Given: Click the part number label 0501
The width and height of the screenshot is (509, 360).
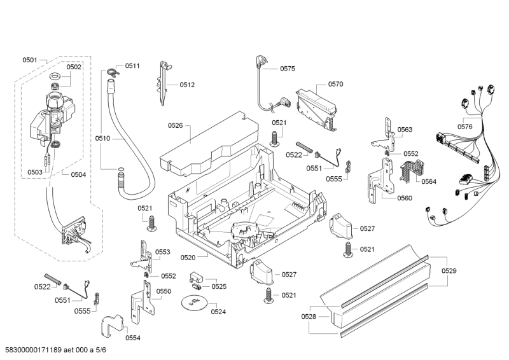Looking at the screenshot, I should click(30, 60).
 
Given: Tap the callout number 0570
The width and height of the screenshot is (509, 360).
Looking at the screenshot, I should click(335, 84).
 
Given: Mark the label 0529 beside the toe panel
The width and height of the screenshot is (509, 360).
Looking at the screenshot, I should click(449, 271).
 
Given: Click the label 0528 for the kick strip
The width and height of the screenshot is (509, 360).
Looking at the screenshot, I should click(309, 315).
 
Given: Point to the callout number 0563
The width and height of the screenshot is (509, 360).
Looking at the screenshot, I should click(405, 130).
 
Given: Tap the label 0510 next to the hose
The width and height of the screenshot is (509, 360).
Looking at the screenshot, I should click(102, 138).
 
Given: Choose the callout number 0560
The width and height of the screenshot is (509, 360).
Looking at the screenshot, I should click(404, 198).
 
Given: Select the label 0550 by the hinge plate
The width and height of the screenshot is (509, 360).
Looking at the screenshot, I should click(164, 291).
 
